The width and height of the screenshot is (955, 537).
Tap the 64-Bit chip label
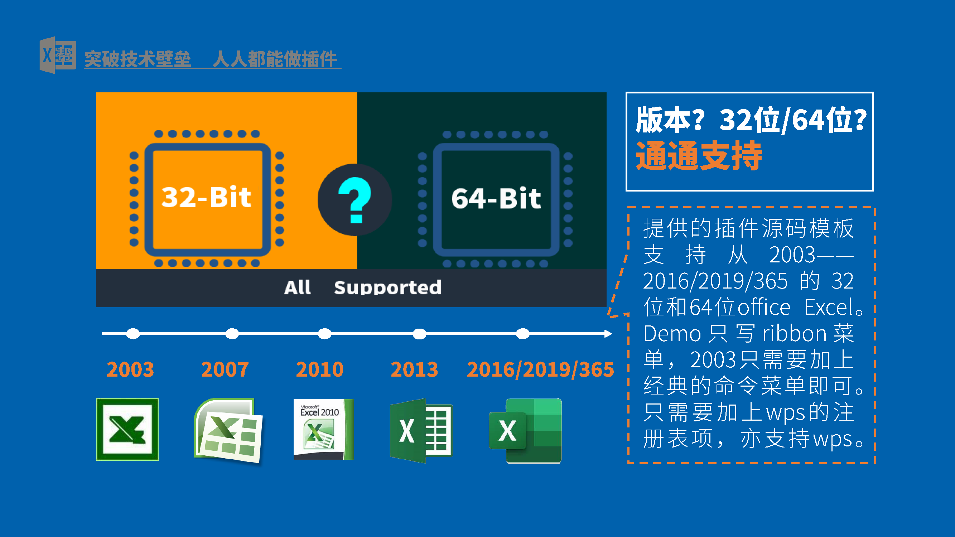click(496, 198)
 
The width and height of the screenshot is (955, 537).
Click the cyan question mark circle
click(355, 200)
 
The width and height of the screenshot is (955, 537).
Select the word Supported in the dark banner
click(387, 287)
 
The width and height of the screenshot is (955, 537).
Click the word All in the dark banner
click(297, 287)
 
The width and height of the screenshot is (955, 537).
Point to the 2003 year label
click(130, 369)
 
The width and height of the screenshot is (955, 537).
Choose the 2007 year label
click(225, 369)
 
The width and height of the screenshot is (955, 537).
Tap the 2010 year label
click(319, 369)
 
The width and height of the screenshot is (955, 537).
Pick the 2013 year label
click(414, 369)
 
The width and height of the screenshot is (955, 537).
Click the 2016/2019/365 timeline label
click(540, 370)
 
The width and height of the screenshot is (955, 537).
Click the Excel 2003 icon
click(127, 430)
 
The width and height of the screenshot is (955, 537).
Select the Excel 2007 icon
click(228, 431)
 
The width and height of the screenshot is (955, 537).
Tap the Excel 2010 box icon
click(324, 429)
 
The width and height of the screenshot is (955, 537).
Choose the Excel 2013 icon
click(421, 431)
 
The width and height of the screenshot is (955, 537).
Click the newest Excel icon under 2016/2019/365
click(525, 431)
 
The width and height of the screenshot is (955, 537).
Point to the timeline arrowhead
click(608, 334)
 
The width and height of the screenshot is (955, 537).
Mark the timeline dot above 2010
click(325, 334)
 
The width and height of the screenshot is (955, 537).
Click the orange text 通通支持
click(699, 156)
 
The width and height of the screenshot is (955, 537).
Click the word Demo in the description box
click(672, 334)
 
